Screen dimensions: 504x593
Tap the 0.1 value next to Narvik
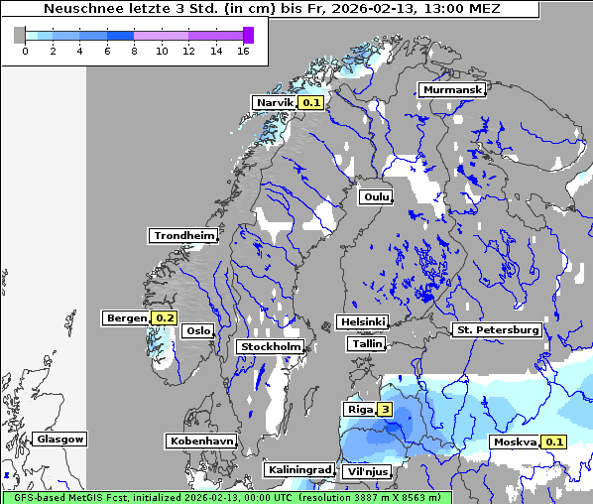(x=312, y=102)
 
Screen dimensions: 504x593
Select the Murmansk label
(x=452, y=90)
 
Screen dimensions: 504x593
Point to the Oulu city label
(x=376, y=196)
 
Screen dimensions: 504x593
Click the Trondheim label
(x=183, y=236)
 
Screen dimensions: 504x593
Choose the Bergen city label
(x=127, y=318)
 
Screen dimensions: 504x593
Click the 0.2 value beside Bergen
(x=165, y=318)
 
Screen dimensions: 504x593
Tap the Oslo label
(x=198, y=331)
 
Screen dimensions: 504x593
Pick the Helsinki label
(x=362, y=322)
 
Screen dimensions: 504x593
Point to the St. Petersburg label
(x=497, y=329)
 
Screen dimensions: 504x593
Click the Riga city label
(x=358, y=409)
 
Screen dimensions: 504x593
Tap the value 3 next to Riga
(x=384, y=409)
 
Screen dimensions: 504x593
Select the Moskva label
(x=516, y=442)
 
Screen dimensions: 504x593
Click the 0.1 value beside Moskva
(x=554, y=442)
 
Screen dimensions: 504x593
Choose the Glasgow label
(x=60, y=439)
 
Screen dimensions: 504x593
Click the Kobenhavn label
(x=201, y=441)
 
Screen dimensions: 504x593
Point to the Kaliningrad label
(x=298, y=469)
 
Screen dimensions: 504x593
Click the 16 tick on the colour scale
(x=243, y=51)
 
